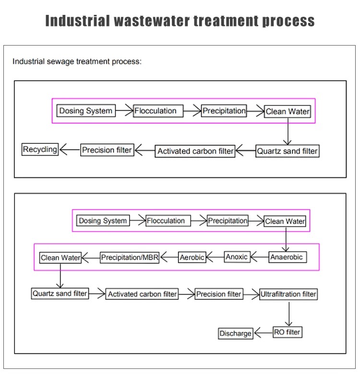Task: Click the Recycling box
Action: pyautogui.click(x=40, y=149)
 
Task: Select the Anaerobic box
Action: pyautogui.click(x=288, y=257)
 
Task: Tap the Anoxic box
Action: pyautogui.click(x=237, y=257)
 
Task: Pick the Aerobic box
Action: pyautogui.click(x=192, y=257)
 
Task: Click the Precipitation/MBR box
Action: pyautogui.click(x=130, y=258)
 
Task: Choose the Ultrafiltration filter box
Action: pyautogui.click(x=288, y=294)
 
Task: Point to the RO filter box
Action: pyautogui.click(x=288, y=332)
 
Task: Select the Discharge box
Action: pyautogui.click(x=236, y=333)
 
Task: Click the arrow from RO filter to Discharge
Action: pyautogui.click(x=263, y=333)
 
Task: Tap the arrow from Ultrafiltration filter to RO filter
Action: pyautogui.click(x=289, y=314)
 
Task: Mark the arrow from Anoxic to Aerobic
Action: pyautogui.click(x=215, y=257)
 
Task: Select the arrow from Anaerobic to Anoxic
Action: pyautogui.click(x=260, y=257)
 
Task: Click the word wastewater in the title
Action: pyautogui.click(x=152, y=21)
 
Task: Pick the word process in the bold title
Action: pyautogui.click(x=288, y=21)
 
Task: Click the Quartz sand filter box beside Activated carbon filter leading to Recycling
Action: pyautogui.click(x=288, y=151)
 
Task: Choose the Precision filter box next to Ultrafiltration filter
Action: pyautogui.click(x=219, y=294)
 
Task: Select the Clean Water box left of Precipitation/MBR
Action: pyautogui.click(x=60, y=258)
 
